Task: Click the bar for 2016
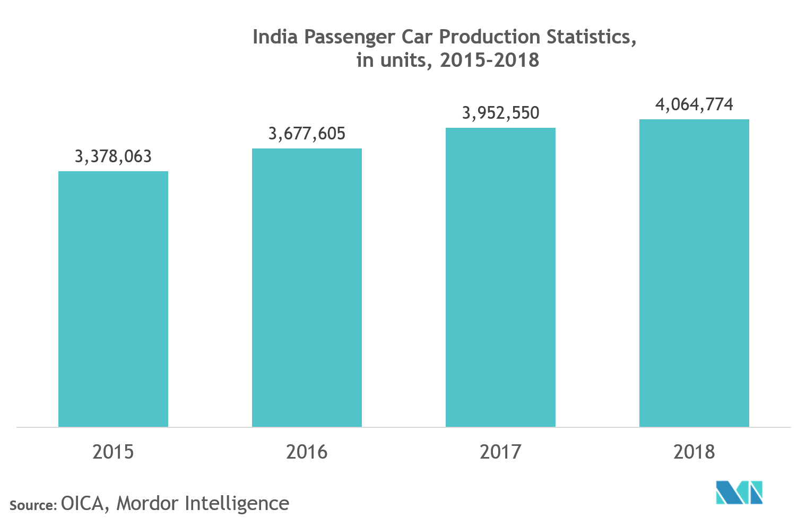point(307,287)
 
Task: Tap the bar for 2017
point(500,277)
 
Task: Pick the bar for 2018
point(694,273)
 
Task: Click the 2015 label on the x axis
point(113,452)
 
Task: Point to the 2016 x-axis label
point(307,452)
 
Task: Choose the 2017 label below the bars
point(500,452)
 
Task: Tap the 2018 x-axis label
point(694,452)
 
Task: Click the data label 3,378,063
point(113,156)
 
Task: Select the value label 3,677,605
point(307,134)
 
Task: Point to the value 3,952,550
point(500,113)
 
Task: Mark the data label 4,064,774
point(694,104)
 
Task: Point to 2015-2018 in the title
point(489,60)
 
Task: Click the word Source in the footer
point(31,505)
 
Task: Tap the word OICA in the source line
point(82,503)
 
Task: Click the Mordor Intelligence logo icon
point(739,493)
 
